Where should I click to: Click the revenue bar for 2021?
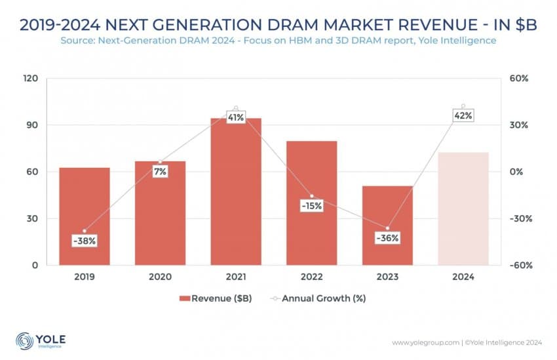click(235, 197)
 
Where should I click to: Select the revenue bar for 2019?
click(85, 210)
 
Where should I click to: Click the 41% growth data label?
click(236, 117)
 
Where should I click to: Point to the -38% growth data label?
click(85, 241)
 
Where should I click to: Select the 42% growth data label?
click(463, 115)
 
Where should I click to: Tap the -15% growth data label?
click(311, 205)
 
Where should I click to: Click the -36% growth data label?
click(387, 238)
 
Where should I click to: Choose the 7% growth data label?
click(160, 171)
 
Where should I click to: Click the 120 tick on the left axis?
click(31, 78)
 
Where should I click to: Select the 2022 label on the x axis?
click(311, 277)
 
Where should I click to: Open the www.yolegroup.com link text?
click(426, 343)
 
